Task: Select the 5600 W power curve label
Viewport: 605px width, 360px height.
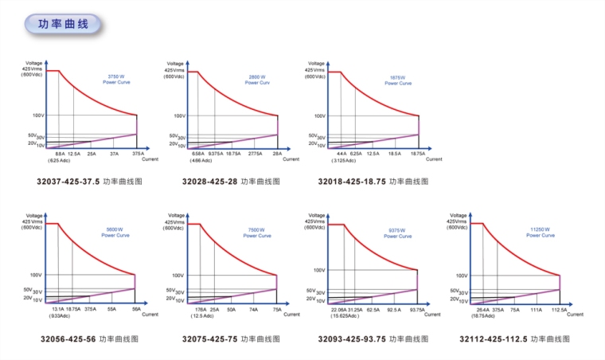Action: tap(115, 232)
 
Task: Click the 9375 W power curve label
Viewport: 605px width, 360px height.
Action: tap(398, 232)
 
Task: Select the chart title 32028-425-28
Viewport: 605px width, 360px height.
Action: tap(209, 182)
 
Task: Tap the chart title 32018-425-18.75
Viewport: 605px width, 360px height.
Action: tap(352, 182)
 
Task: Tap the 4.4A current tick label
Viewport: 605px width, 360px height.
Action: tap(342, 153)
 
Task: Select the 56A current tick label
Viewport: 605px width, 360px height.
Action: tap(135, 308)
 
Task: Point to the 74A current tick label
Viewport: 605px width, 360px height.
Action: tap(253, 308)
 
